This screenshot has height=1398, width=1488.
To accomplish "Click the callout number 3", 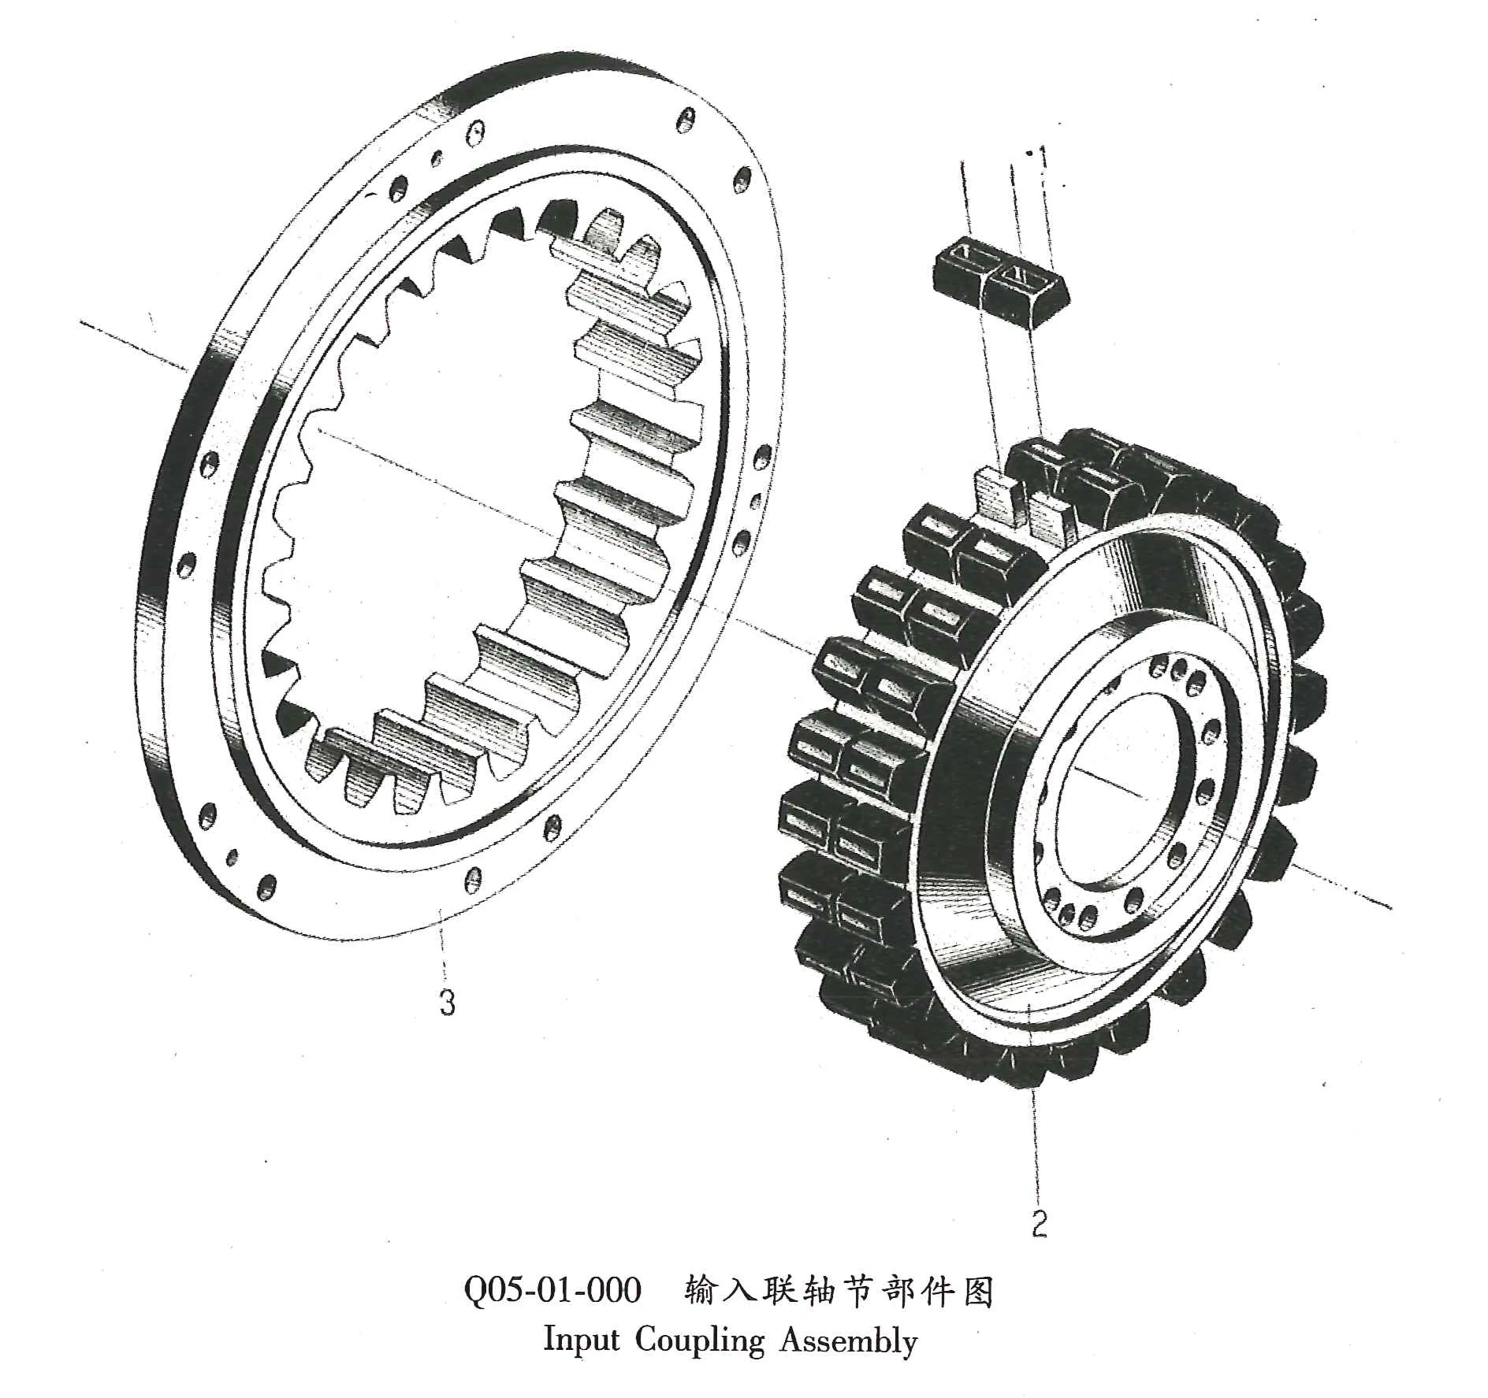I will (447, 1003).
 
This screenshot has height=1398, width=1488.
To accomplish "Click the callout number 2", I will (1040, 1222).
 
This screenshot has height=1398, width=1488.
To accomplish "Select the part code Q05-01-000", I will (552, 1292).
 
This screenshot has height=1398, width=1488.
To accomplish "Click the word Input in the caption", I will (582, 1341).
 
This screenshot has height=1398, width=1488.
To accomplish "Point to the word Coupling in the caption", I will (700, 1342).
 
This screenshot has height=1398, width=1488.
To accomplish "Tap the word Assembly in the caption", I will (849, 1342).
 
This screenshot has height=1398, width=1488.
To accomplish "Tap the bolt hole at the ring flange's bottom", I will (473, 879).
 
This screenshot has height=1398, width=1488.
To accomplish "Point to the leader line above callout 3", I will (444, 949).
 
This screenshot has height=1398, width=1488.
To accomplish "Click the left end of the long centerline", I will (83, 321).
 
